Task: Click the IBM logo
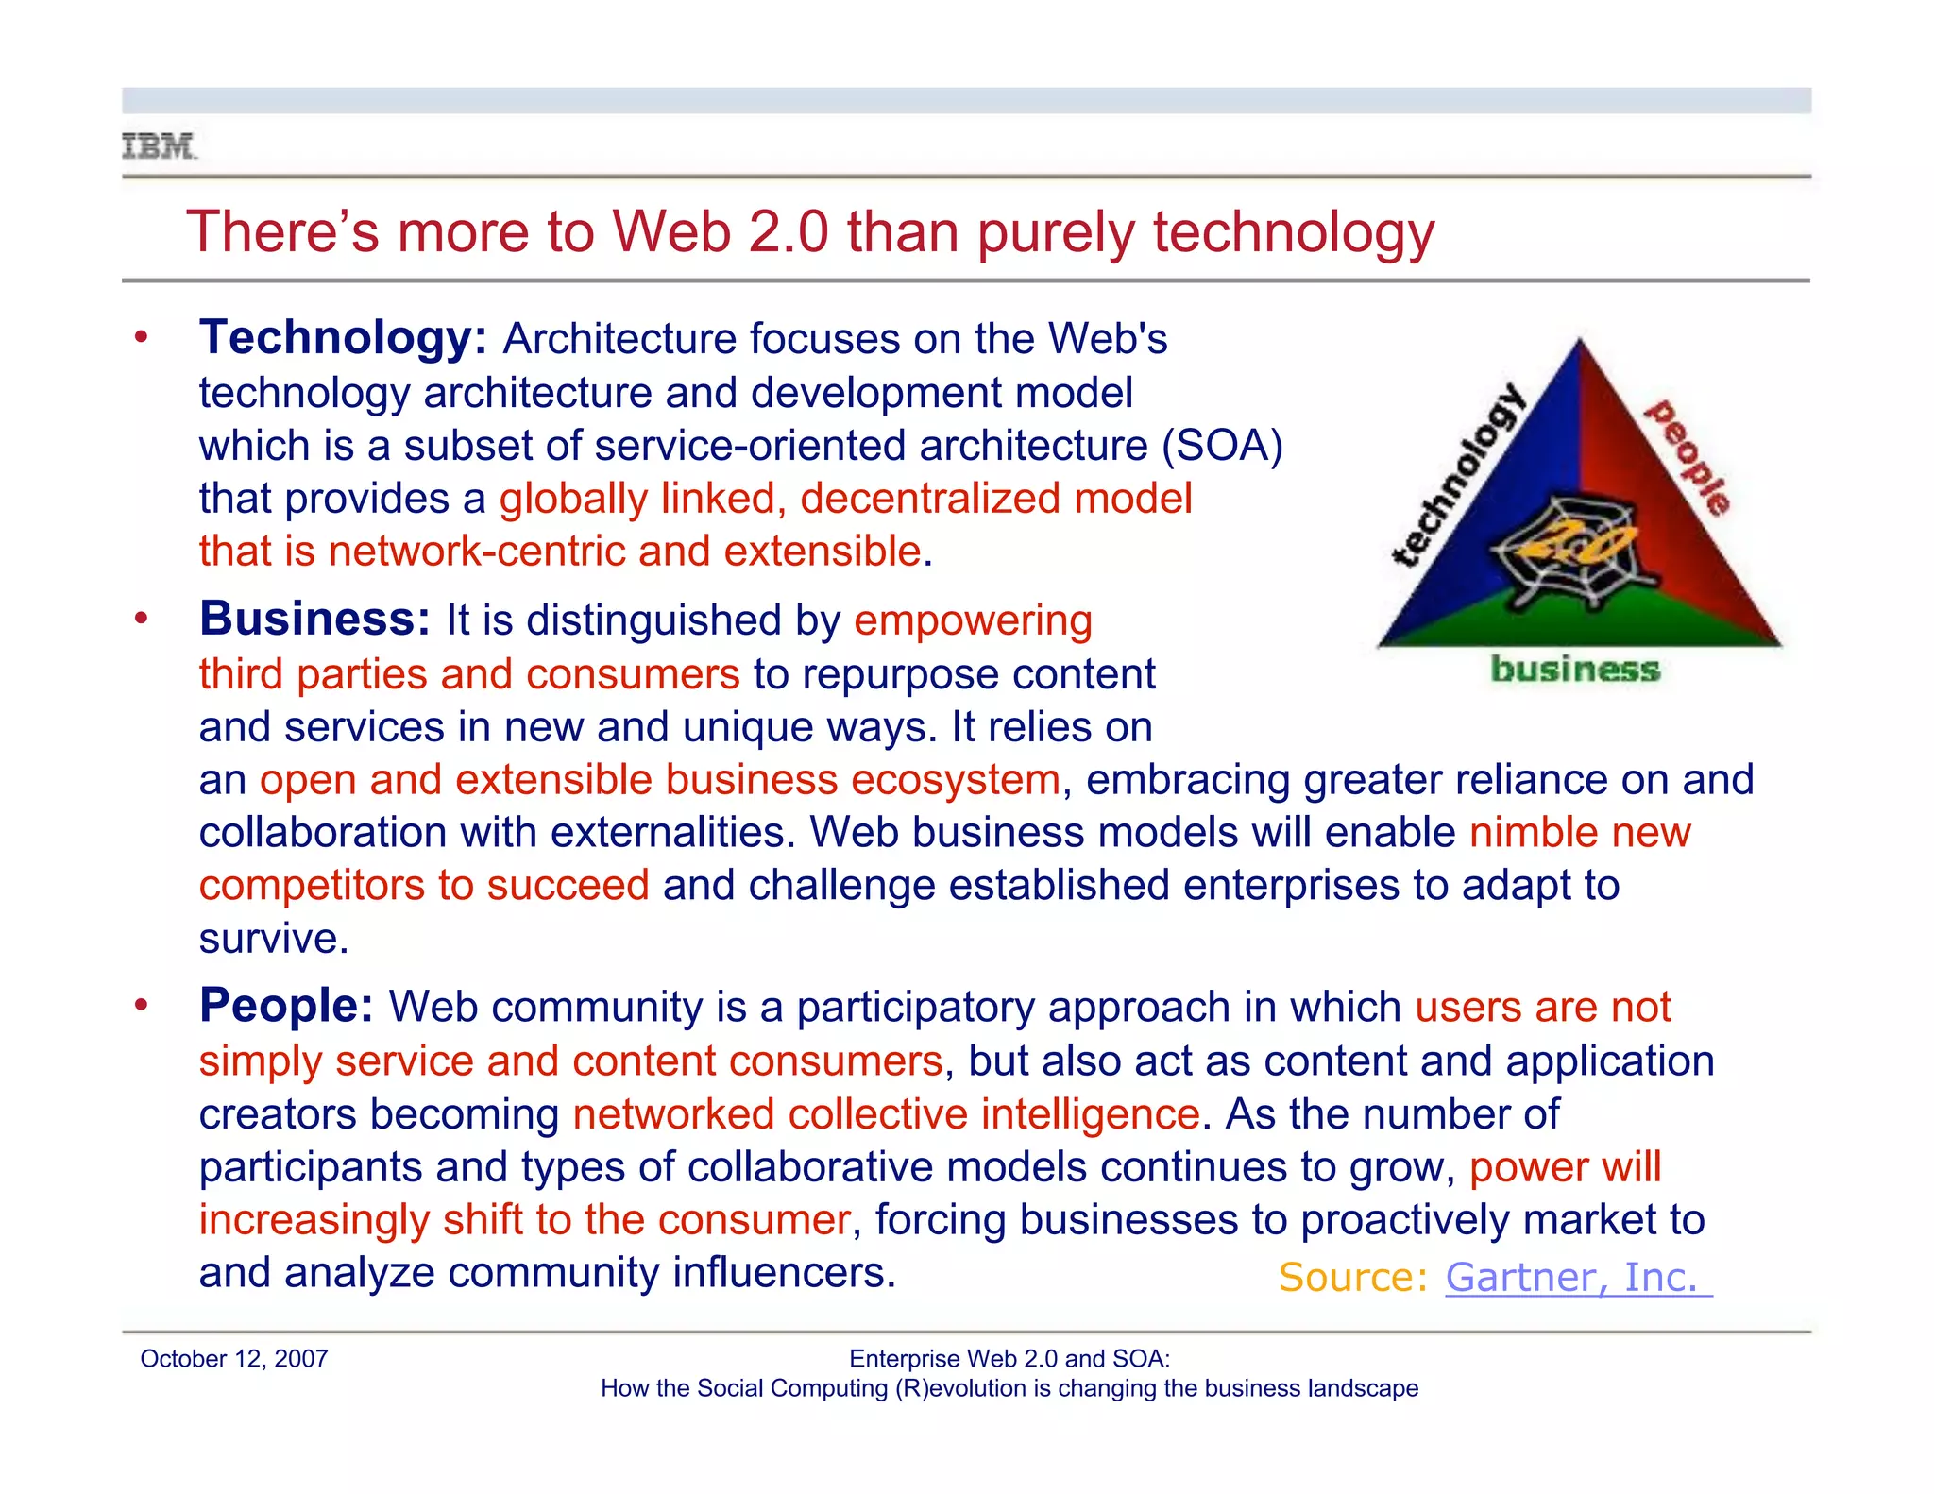click(x=159, y=147)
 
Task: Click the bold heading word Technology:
click(x=343, y=338)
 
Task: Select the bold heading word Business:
click(x=314, y=620)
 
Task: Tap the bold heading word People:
click(x=286, y=1006)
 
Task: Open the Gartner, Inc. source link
click(x=1577, y=1278)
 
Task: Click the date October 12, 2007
click(x=234, y=1359)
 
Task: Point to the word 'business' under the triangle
click(x=1574, y=670)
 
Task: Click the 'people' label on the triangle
click(x=1689, y=457)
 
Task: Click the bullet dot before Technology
click(x=142, y=337)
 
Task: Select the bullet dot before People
click(x=142, y=1005)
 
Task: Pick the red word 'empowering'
click(x=973, y=621)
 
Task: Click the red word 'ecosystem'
click(x=955, y=781)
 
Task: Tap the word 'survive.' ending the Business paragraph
click(x=274, y=939)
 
